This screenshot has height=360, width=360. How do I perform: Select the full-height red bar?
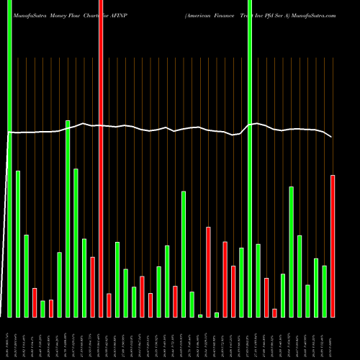[x=101, y=158]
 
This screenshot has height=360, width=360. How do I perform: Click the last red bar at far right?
[x=333, y=246]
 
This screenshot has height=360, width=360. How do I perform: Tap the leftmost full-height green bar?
[x=9, y=158]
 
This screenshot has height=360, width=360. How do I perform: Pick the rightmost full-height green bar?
[x=250, y=158]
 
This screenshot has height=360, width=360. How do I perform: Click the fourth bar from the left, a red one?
[x=35, y=302]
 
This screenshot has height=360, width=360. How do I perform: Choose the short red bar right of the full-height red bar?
[x=109, y=305]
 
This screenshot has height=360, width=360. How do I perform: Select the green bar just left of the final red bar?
[x=325, y=291]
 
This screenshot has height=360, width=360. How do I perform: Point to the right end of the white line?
[x=332, y=137]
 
